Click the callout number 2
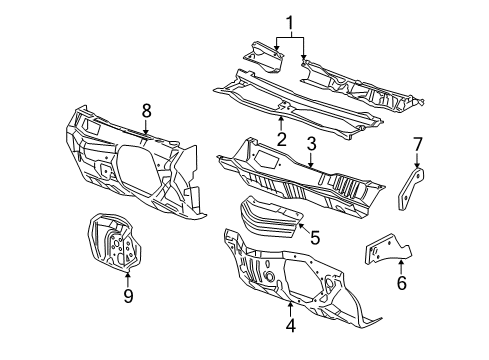(x=282, y=140)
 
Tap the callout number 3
(x=311, y=145)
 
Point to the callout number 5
(x=313, y=239)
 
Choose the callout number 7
(x=417, y=145)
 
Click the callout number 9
(x=127, y=295)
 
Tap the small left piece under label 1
(x=264, y=54)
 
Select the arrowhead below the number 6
(x=402, y=263)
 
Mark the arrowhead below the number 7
(x=417, y=169)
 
